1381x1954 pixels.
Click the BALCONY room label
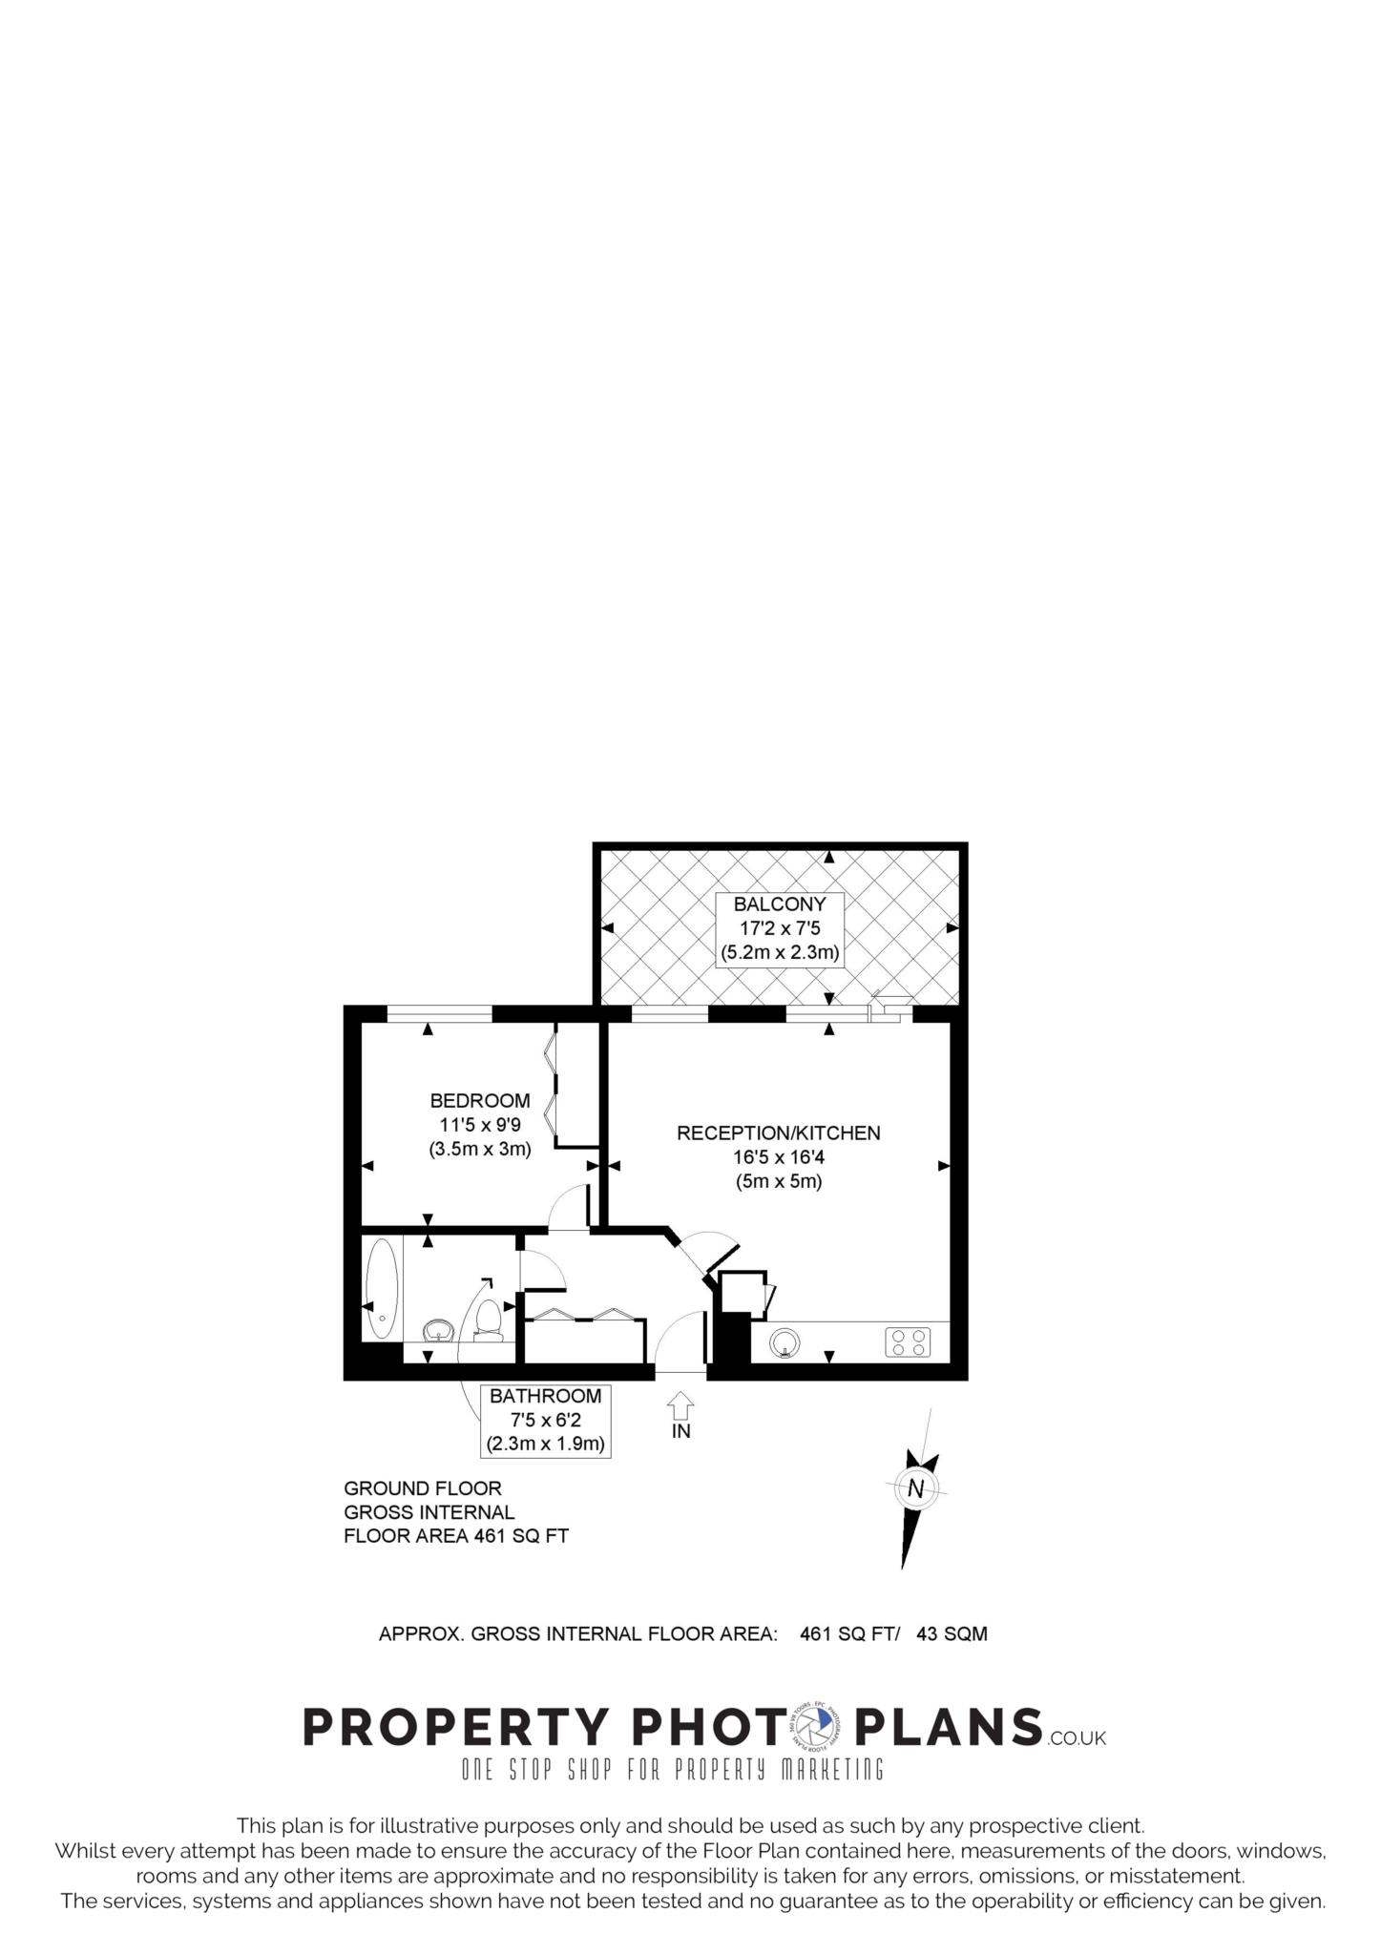tap(780, 904)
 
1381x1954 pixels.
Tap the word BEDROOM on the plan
tap(480, 1100)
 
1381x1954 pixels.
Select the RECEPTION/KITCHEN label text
tap(779, 1133)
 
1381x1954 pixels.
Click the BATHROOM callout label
tap(546, 1396)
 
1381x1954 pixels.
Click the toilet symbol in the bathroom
tap(488, 1320)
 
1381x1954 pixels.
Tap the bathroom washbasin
tap(438, 1330)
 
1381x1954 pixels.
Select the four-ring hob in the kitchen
tap(908, 1342)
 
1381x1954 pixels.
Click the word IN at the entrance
tap(681, 1431)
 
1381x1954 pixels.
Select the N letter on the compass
tap(916, 1488)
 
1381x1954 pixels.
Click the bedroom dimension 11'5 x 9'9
tap(480, 1125)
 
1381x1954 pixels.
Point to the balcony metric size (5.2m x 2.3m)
tap(780, 952)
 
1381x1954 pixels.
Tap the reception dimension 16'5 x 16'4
tap(779, 1157)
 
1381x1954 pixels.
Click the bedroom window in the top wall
tap(439, 1013)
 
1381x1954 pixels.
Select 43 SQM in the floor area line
tap(952, 1633)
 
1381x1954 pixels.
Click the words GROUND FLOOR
tap(423, 1488)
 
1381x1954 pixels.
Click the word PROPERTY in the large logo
tap(455, 1727)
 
